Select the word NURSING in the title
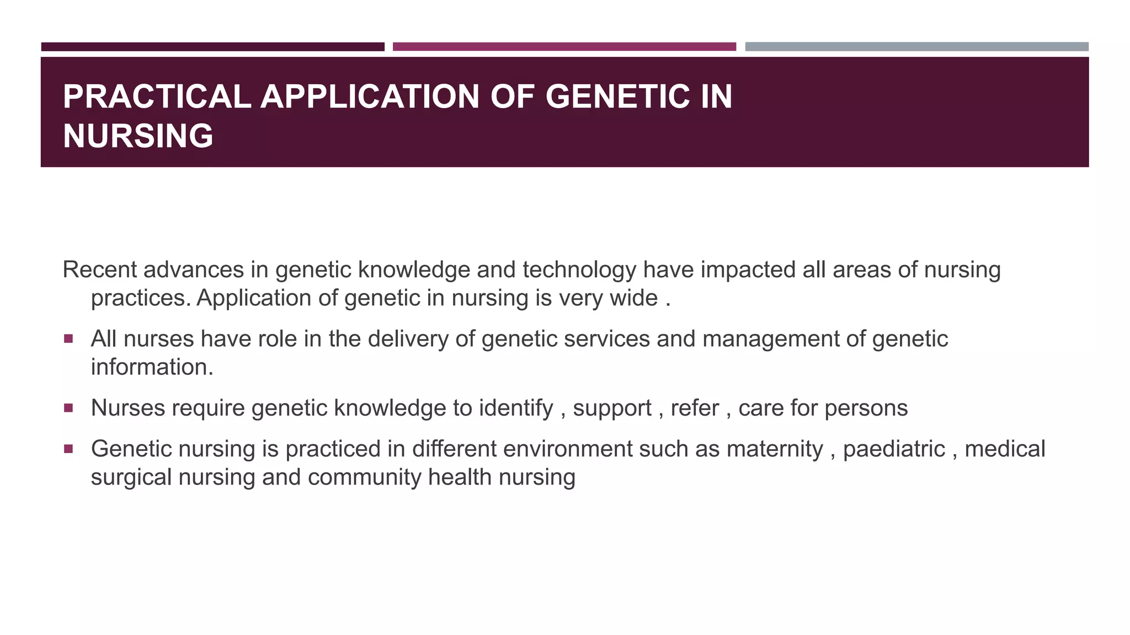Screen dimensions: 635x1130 tap(138, 136)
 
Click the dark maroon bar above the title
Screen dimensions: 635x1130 tap(212, 47)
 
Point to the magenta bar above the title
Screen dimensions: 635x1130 tap(564, 47)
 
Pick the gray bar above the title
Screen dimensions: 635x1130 tap(916, 47)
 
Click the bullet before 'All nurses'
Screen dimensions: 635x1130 tap(68, 338)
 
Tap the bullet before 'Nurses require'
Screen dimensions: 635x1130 tap(68, 408)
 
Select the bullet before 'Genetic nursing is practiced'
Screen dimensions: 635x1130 tap(68, 449)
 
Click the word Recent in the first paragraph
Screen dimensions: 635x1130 tap(99, 270)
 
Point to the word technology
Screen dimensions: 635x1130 tap(579, 270)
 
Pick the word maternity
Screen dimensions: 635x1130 tap(775, 449)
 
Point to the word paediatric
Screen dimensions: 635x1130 tap(894, 449)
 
